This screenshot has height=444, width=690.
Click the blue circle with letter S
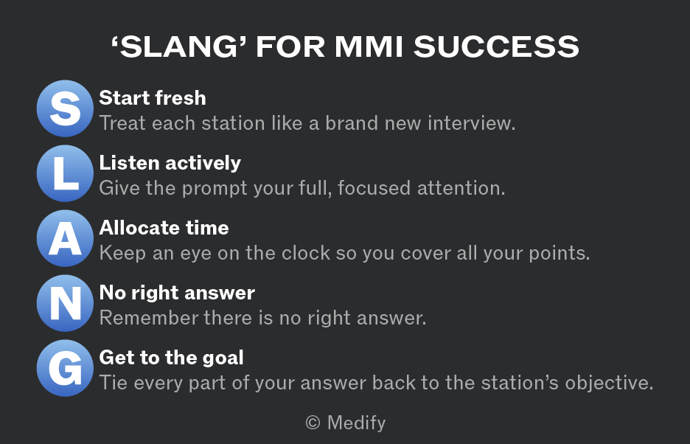(x=65, y=108)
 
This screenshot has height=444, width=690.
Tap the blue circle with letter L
(x=65, y=173)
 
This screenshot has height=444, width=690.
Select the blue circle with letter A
(x=65, y=238)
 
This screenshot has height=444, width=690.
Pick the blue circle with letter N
(x=65, y=303)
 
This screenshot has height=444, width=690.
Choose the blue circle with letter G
(x=65, y=368)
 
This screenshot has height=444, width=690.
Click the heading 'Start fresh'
(x=153, y=98)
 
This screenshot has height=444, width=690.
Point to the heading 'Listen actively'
(x=170, y=163)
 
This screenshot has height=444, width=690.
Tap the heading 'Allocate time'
(x=164, y=228)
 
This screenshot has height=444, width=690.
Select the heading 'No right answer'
(x=177, y=293)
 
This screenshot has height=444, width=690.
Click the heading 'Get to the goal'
(x=171, y=358)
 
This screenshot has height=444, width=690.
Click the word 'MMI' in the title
(x=369, y=46)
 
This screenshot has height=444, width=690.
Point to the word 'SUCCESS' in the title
(x=496, y=46)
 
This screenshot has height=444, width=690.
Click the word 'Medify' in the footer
(x=357, y=423)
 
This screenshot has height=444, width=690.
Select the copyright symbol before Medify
(x=313, y=423)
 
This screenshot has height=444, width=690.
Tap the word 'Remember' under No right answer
(x=149, y=318)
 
